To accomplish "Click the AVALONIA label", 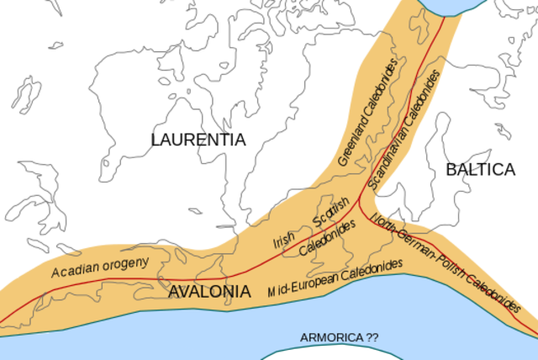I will coord(209,292).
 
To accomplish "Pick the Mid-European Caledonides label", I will coord(335,280).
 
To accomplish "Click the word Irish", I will coord(283,241).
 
